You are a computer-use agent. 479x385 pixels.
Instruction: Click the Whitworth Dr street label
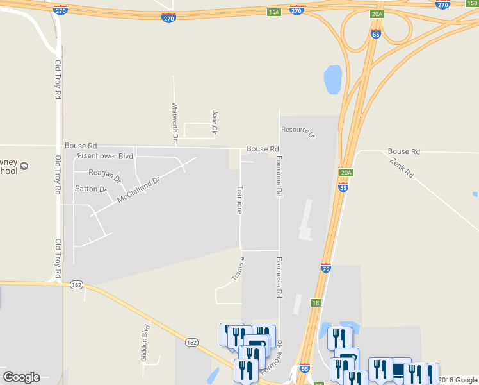point(174,121)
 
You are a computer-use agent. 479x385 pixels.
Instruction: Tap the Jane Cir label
point(215,122)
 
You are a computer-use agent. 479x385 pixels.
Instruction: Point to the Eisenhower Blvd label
point(104,156)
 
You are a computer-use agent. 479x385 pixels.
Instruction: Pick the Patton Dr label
point(90,189)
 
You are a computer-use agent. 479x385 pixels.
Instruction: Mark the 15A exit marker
point(274,12)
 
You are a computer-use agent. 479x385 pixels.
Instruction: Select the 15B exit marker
point(473,3)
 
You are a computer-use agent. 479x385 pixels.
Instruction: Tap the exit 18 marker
point(316,302)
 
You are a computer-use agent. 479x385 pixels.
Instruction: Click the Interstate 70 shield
point(326,269)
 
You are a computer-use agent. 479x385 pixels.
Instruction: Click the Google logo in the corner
point(21,377)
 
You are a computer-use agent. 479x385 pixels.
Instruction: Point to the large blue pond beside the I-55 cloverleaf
point(333,80)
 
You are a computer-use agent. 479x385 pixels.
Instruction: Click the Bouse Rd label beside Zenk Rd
point(403,151)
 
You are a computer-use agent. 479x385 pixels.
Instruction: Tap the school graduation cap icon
point(24,166)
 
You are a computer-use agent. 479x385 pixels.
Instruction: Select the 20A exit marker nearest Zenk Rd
point(346,173)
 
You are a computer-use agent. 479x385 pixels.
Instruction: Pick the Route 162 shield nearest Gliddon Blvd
point(191,343)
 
